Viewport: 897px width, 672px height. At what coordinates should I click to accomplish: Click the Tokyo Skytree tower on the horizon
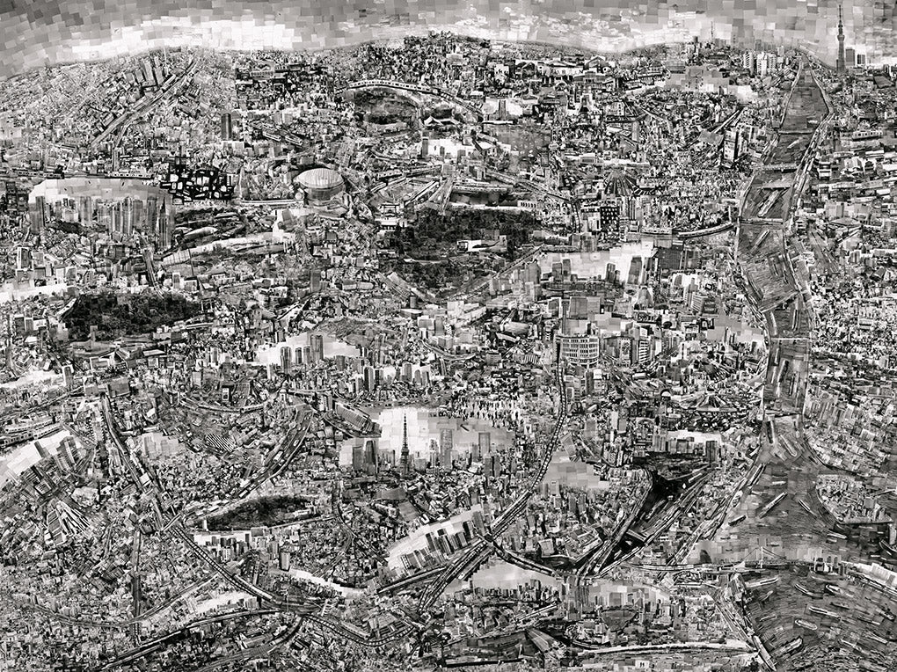click(x=840, y=40)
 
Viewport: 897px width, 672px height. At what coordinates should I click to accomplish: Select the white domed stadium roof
click(x=317, y=182)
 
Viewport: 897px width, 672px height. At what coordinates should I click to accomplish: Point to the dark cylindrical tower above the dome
click(x=226, y=126)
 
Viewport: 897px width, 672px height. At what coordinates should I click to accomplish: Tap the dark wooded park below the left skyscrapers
click(x=123, y=312)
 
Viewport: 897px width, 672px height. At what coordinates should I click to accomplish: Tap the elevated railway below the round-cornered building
click(x=554, y=440)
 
